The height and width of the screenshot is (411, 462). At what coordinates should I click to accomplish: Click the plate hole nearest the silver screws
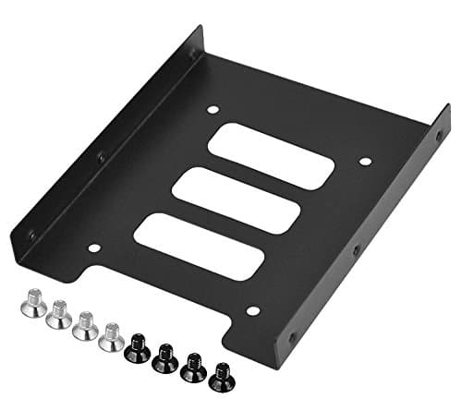[x=94, y=247]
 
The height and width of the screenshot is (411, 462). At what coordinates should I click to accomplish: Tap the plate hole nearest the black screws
[x=252, y=311]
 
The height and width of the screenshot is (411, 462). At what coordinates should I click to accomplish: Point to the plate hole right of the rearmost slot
[x=364, y=163]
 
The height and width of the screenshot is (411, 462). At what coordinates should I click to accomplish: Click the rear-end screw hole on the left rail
[x=192, y=56]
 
